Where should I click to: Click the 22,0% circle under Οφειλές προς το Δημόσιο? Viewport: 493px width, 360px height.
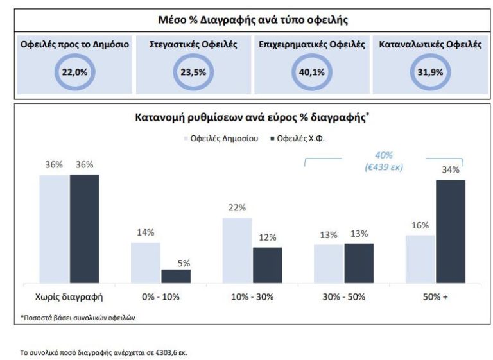(74, 72)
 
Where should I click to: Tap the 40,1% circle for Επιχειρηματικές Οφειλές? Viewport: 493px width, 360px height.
(312, 72)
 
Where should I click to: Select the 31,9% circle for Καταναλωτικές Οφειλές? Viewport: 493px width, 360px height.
(430, 72)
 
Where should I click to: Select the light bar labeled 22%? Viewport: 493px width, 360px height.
(237, 250)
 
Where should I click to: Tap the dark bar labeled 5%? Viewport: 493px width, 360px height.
(176, 276)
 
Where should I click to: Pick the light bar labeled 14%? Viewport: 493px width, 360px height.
(145, 262)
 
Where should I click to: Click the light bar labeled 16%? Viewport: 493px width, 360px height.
(420, 259)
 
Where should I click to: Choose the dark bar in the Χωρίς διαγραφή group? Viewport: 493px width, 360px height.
(84, 228)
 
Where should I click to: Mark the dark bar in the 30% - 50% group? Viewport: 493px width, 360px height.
(359, 263)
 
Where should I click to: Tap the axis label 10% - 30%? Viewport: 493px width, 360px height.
(252, 297)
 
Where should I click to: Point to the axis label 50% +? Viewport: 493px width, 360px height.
(435, 297)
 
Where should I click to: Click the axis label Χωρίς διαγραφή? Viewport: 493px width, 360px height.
(69, 297)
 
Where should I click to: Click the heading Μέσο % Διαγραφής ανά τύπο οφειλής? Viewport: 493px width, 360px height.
(253, 20)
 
